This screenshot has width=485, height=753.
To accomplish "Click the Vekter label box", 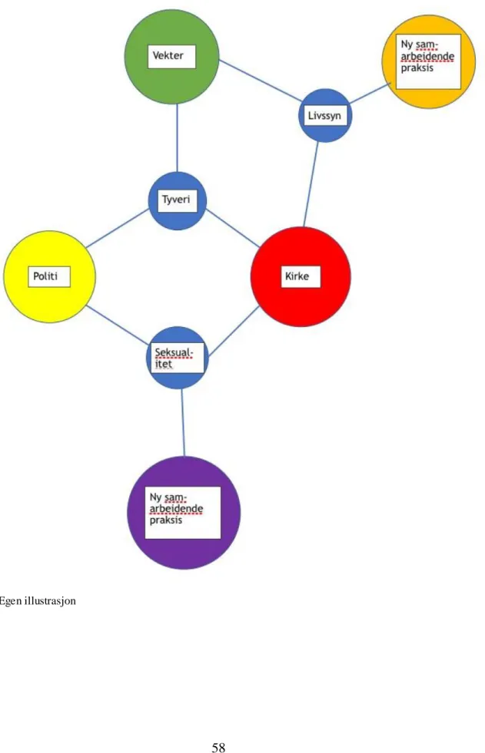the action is click(x=171, y=57).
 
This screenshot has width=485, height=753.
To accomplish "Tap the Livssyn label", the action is click(x=324, y=115).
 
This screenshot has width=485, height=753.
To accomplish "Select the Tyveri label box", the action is click(x=178, y=200).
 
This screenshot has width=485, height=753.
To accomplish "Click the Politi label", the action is click(x=49, y=276).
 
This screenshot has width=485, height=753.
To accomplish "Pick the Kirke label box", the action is click(x=301, y=276).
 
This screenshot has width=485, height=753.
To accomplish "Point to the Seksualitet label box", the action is click(x=178, y=358).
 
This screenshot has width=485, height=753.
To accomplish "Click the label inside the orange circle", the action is click(x=428, y=61).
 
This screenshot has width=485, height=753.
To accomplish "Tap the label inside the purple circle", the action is click(x=183, y=513).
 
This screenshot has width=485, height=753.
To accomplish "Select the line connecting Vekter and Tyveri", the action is click(x=177, y=138).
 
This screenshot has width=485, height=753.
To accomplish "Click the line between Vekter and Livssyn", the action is click(x=260, y=81).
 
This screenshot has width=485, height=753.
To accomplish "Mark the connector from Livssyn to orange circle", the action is click(x=370, y=94).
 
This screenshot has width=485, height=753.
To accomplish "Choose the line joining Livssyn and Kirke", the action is click(x=311, y=184).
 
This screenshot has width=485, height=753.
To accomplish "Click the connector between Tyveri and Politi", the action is click(x=118, y=228).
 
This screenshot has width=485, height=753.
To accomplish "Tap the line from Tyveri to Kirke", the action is click(x=233, y=229).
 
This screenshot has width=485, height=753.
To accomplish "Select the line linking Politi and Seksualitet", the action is click(x=118, y=325).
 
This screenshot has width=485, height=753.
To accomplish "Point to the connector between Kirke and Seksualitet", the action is click(x=234, y=332).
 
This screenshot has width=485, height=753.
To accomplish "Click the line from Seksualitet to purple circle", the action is click(x=183, y=423).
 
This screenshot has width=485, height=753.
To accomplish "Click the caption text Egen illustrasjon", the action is click(x=38, y=601).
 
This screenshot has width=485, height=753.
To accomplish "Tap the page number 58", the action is click(x=218, y=747).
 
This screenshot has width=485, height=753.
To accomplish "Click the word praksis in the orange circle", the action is click(x=417, y=68).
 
